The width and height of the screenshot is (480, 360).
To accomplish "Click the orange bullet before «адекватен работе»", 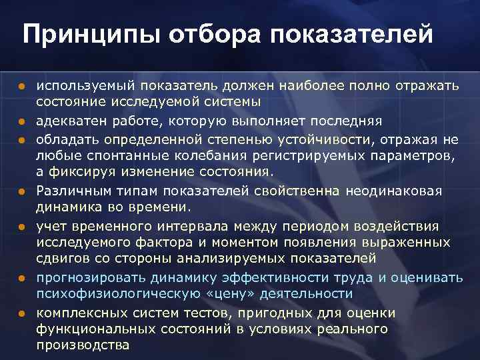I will click(x=21, y=122).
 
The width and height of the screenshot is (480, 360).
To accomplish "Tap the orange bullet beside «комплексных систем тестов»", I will click(x=21, y=313).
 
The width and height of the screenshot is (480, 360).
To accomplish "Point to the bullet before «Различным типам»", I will click(x=21, y=191).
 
